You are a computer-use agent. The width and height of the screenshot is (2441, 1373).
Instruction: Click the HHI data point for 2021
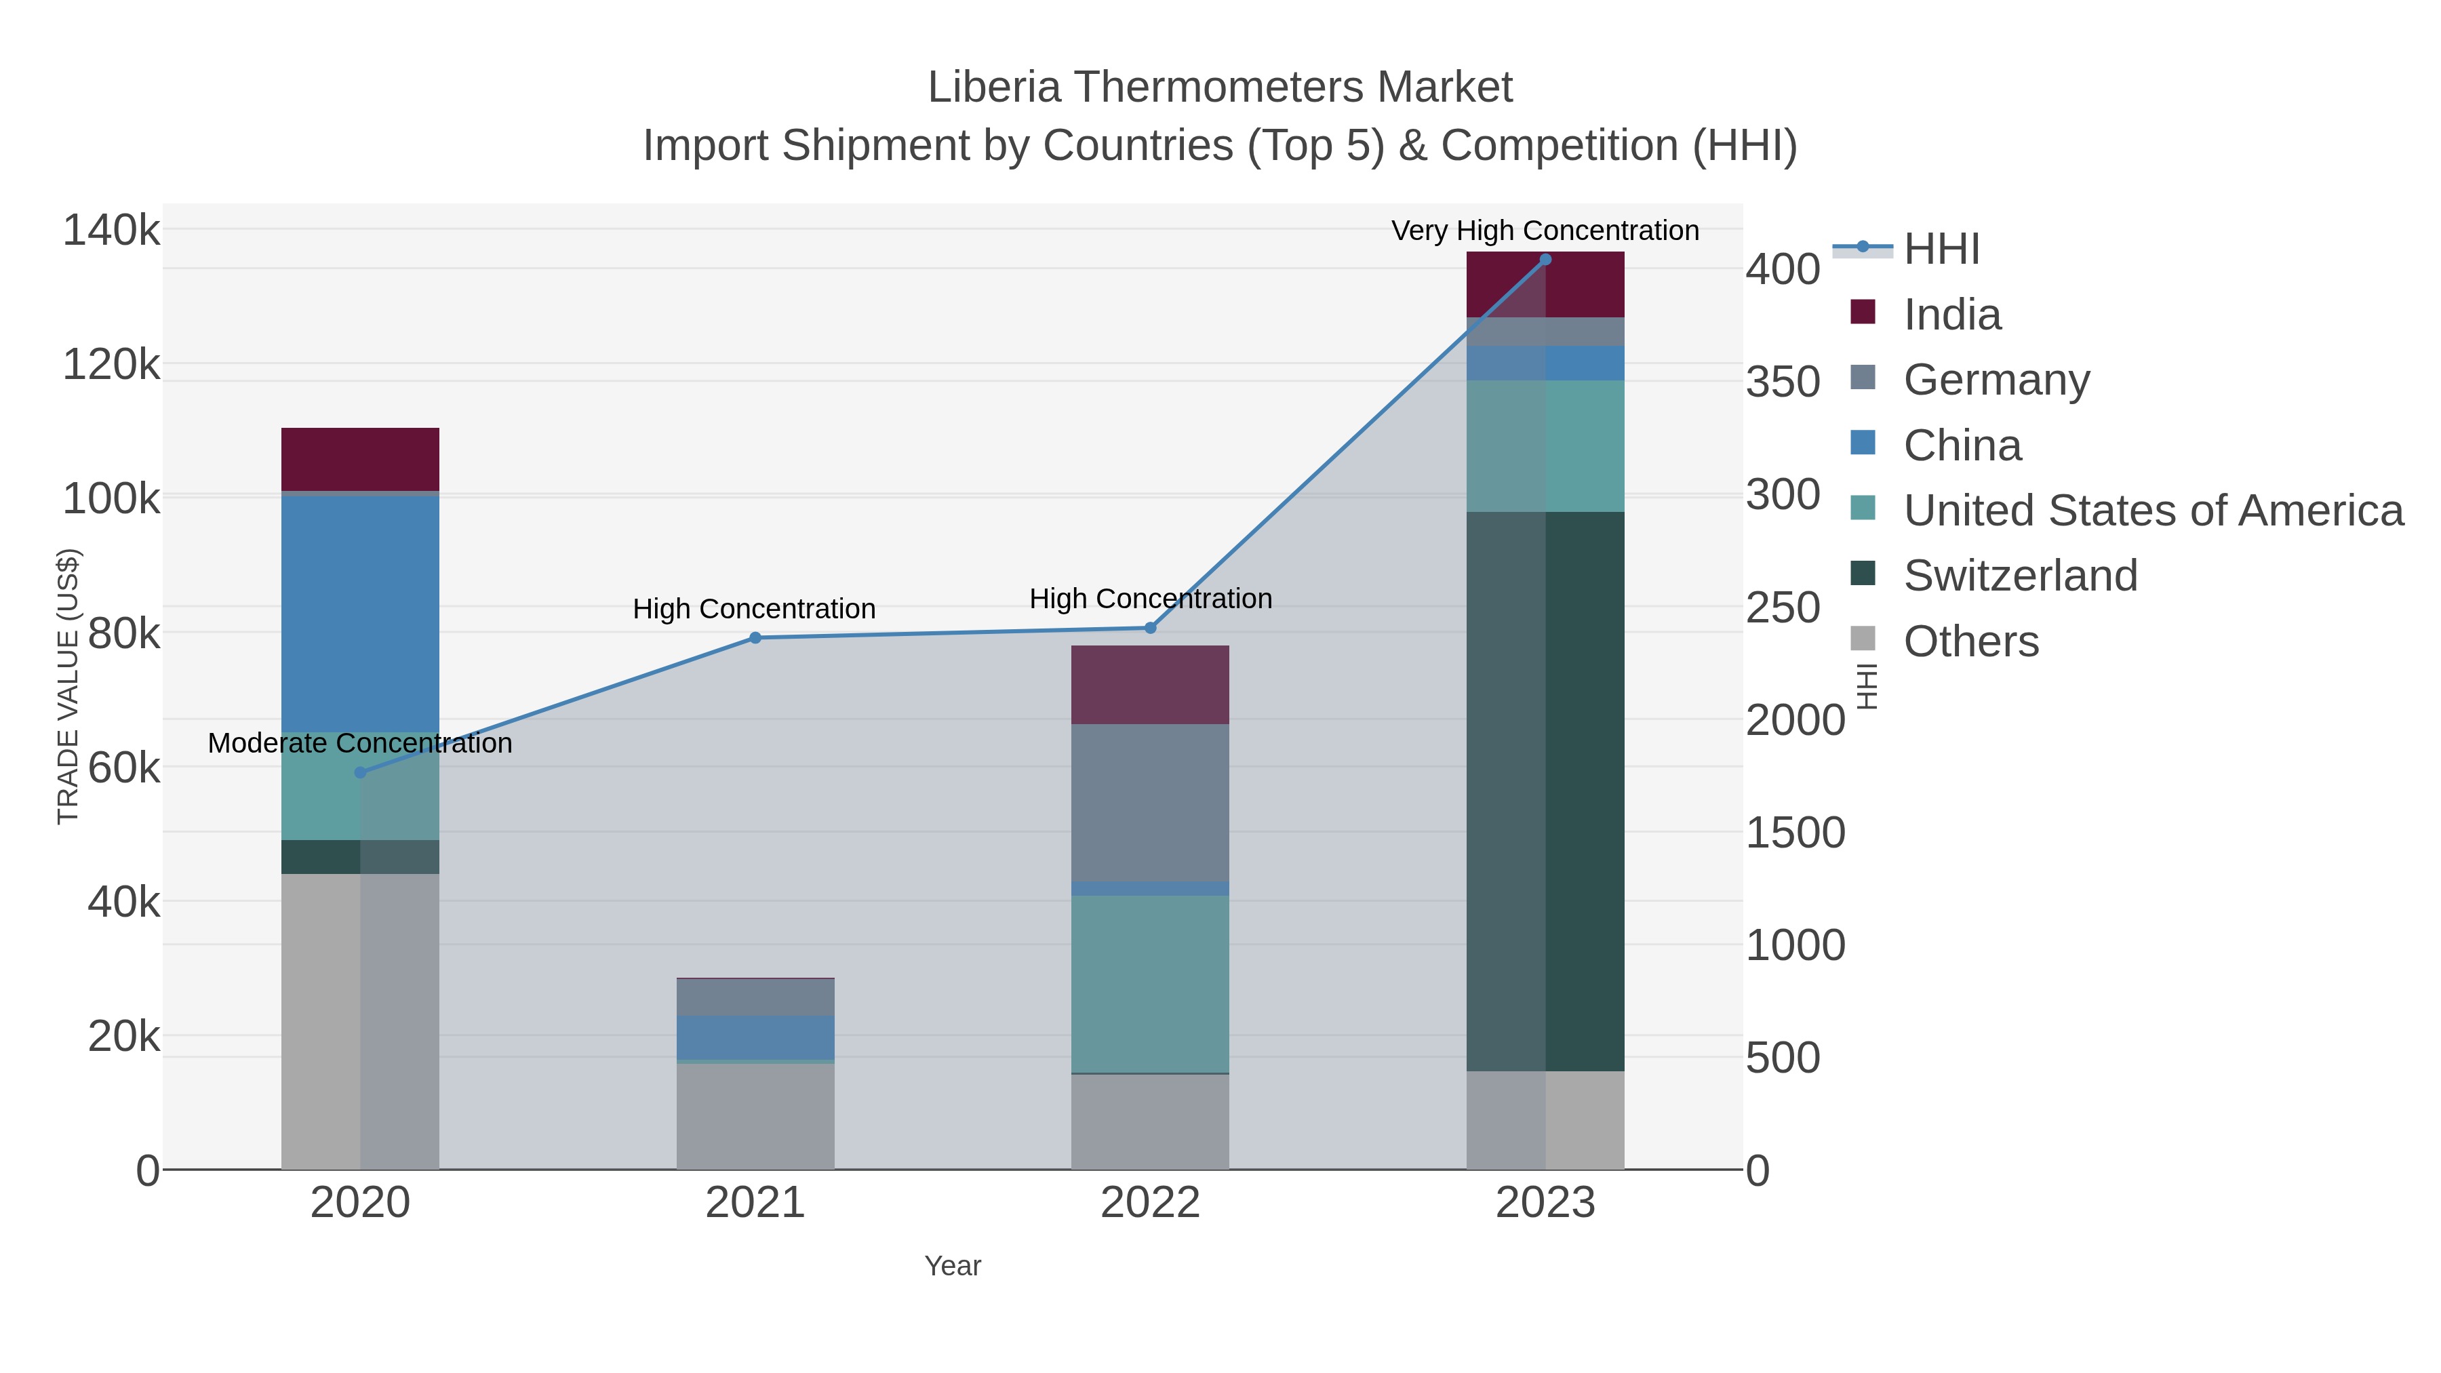(x=755, y=638)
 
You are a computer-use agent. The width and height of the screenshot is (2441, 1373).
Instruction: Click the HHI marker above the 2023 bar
(x=1545, y=260)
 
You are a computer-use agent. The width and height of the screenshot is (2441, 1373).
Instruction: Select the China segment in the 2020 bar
(x=360, y=611)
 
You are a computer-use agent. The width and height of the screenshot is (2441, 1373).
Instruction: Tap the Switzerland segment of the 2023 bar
(x=1545, y=791)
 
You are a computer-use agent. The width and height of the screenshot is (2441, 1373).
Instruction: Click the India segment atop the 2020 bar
(x=360, y=458)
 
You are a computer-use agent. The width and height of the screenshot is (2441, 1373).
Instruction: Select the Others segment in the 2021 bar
(x=755, y=1115)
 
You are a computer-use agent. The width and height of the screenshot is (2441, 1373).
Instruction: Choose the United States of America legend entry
(x=2152, y=510)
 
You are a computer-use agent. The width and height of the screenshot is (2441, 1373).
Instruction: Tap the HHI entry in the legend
(x=1941, y=250)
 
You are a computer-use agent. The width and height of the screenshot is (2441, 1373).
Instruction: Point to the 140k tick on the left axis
(x=111, y=231)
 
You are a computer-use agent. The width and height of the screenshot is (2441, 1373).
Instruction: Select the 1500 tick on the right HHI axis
(x=1795, y=833)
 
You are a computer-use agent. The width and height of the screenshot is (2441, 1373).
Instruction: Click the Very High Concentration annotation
(x=1545, y=231)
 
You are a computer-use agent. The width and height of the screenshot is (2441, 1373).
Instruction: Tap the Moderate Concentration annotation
(x=360, y=743)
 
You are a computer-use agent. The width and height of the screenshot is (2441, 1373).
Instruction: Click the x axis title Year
(x=953, y=1266)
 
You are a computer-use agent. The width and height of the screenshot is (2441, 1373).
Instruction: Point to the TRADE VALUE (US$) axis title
(x=68, y=686)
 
